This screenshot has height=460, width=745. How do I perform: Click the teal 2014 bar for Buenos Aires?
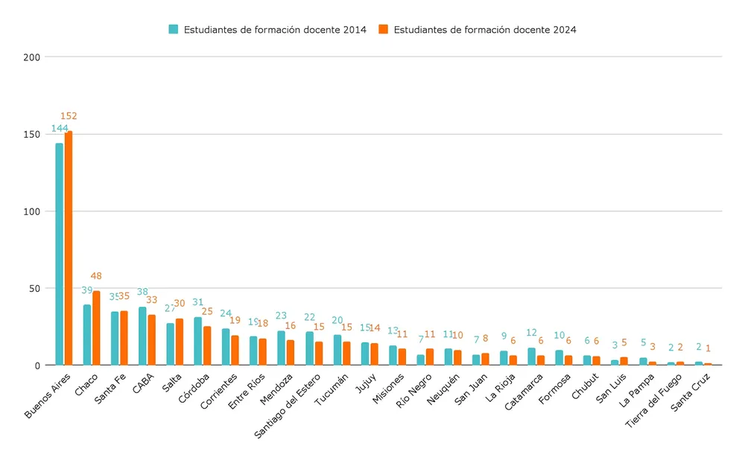59,254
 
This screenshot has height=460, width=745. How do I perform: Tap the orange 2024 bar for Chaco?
96,328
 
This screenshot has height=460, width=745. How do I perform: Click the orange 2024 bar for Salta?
180,342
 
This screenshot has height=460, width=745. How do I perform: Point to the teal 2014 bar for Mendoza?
281,348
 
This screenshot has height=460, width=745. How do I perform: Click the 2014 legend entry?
267,30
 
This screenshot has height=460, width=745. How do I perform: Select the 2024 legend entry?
477,30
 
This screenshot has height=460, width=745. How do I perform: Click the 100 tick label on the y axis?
30,211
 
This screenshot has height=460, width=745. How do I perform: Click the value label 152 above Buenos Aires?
69,116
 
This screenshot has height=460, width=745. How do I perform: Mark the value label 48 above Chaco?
96,276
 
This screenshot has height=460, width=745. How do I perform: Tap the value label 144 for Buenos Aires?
60,128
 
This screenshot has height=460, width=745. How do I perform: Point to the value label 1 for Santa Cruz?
708,348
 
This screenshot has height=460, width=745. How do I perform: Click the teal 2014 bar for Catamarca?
531,357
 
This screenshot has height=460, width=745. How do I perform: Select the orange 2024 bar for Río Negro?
430,357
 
